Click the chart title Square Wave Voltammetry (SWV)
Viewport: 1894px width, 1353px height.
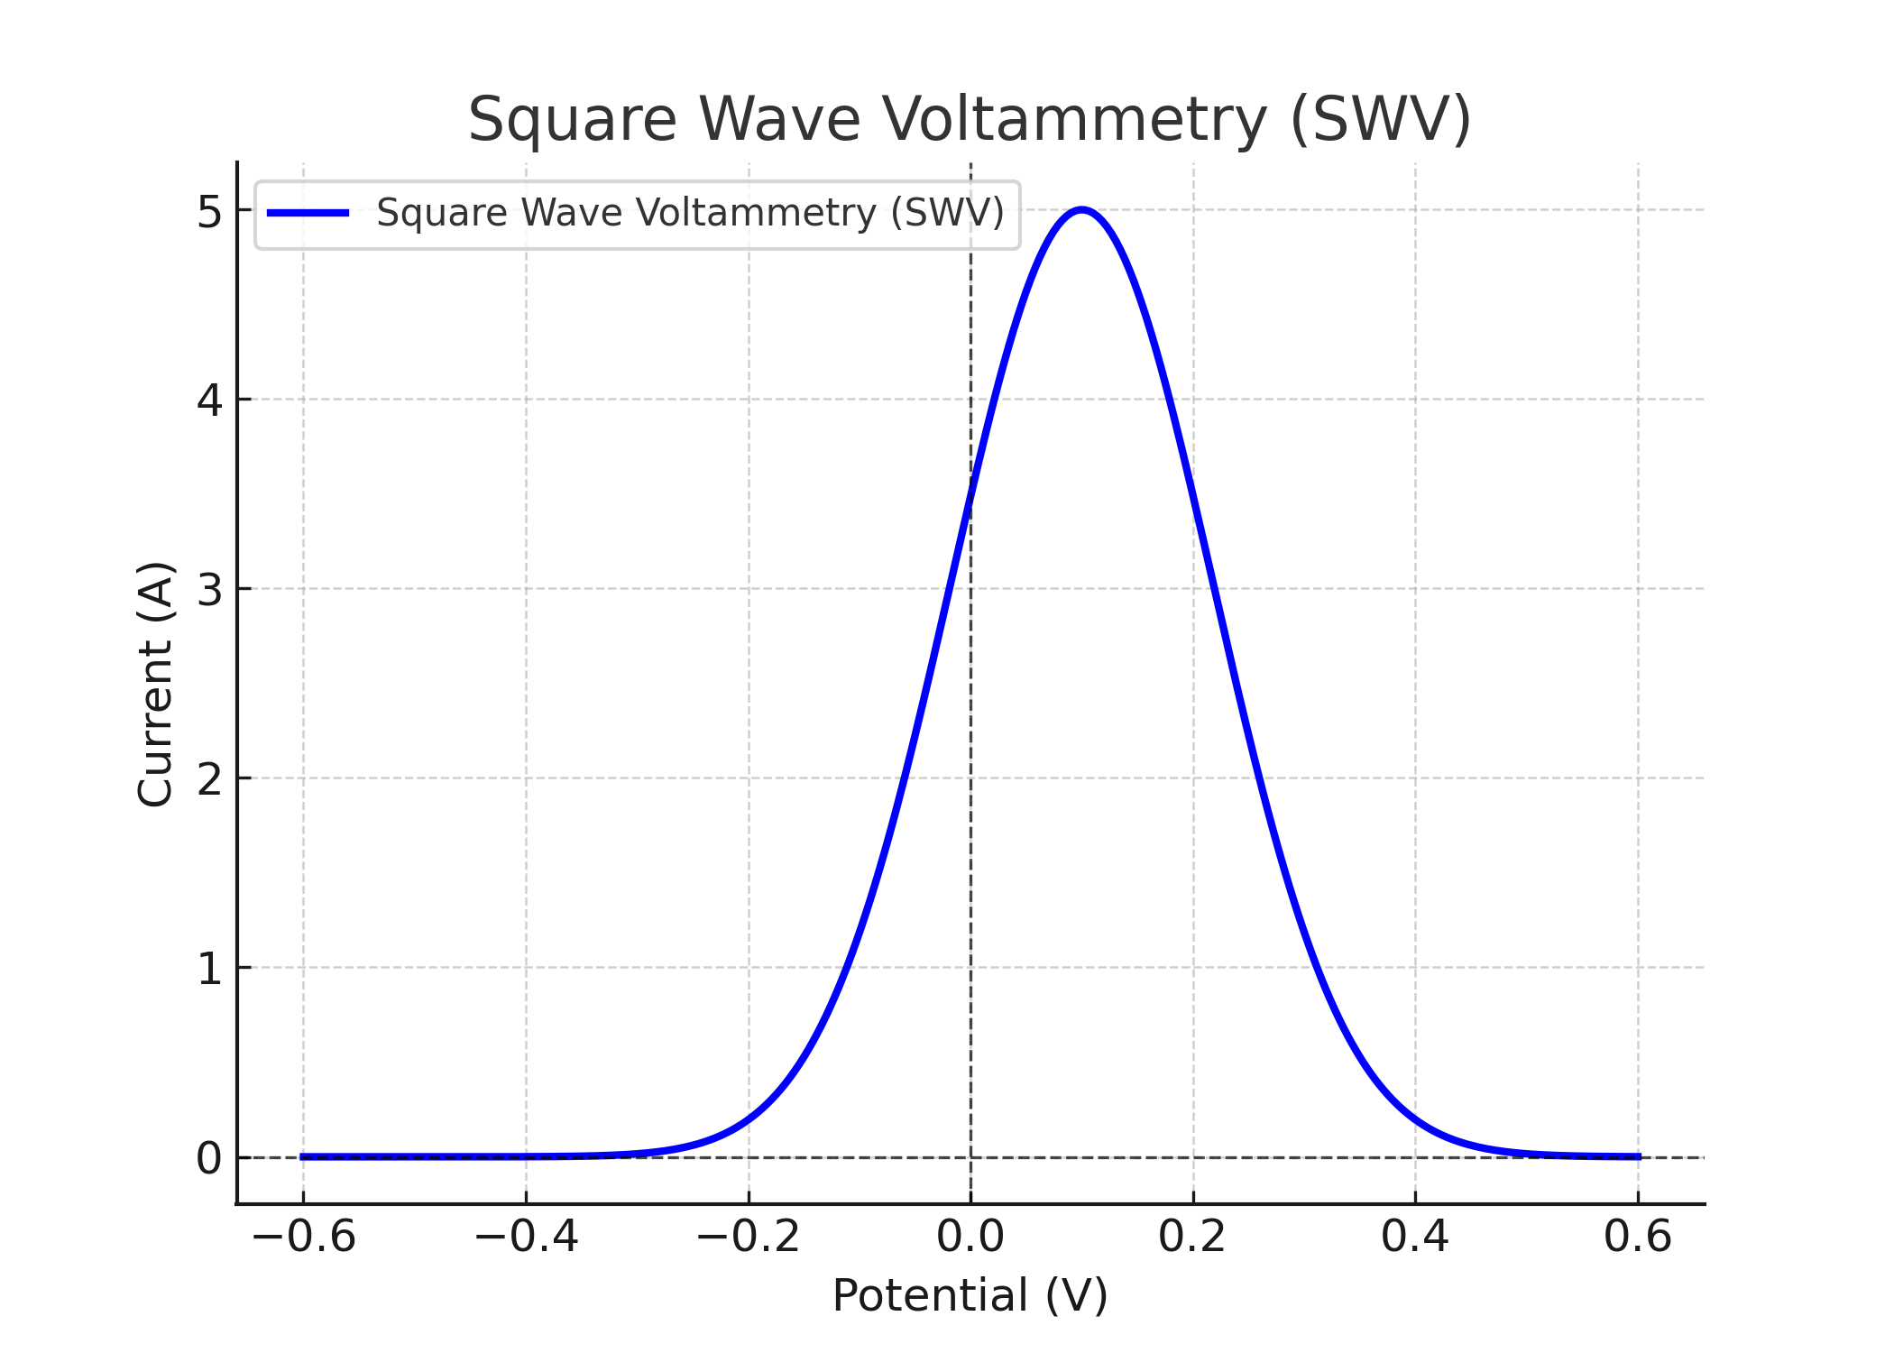click(x=970, y=120)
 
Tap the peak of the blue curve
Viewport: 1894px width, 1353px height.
click(x=1081, y=210)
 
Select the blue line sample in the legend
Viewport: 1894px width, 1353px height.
click(x=308, y=213)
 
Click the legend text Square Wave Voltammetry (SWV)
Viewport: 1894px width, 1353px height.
click(x=690, y=213)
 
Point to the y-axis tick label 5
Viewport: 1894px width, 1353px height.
click(x=208, y=212)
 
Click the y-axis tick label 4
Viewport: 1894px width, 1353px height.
click(x=208, y=400)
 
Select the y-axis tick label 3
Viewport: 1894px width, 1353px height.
click(x=208, y=590)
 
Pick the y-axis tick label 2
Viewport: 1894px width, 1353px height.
click(x=208, y=779)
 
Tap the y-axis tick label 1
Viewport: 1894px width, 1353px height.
click(x=208, y=969)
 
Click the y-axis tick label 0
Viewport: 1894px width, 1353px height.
click(x=208, y=1158)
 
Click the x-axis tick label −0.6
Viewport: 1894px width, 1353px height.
click(x=304, y=1236)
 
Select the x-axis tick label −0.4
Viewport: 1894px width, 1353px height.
click(x=527, y=1236)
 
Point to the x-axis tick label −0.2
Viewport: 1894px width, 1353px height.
click(x=749, y=1236)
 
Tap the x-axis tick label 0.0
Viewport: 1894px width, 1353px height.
click(x=970, y=1236)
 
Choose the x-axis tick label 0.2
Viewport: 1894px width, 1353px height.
click(x=1192, y=1236)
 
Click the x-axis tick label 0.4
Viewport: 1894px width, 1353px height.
click(x=1415, y=1236)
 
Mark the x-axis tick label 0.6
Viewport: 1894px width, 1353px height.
click(x=1638, y=1236)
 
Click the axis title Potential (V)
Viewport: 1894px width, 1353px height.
click(x=970, y=1295)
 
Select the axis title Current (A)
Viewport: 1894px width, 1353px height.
click(x=155, y=684)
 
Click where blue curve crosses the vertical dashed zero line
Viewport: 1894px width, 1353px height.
click(x=970, y=493)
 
